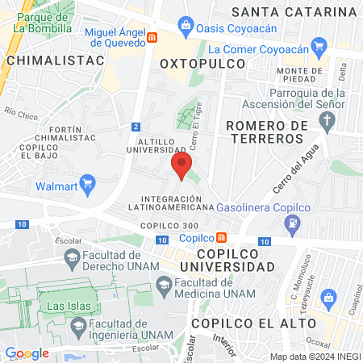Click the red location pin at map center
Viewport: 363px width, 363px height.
pos(181,167)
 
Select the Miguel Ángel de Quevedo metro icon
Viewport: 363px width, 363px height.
pos(153,37)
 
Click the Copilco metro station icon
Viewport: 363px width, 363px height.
pos(221,237)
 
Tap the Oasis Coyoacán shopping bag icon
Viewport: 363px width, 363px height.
pos(187,26)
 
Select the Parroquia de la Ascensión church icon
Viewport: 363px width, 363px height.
pos(327,123)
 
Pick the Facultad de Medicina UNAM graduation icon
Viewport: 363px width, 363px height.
pos(164,283)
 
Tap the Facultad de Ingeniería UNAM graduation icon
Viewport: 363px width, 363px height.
pos(78,327)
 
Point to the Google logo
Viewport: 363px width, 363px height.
pos(27,353)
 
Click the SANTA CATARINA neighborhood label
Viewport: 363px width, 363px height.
pos(294,11)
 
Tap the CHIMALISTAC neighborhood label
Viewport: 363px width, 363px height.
pos(44,60)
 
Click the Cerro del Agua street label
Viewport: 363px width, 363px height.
pos(297,172)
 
